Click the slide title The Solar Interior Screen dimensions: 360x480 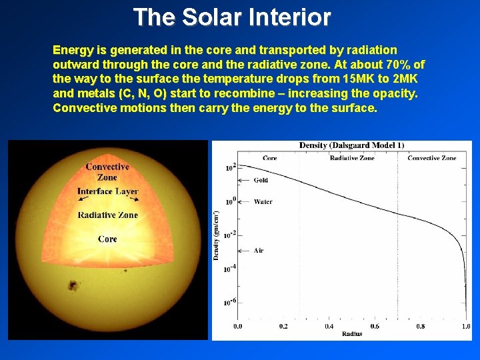tap(231, 17)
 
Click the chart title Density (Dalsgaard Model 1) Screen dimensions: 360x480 tap(351, 145)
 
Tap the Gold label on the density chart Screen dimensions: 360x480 tap(261, 180)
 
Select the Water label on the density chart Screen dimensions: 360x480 tap(263, 201)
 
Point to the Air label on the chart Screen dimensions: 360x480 tap(259, 251)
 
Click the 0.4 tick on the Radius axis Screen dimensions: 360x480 tap(329, 326)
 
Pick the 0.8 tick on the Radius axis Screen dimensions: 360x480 tap(420, 326)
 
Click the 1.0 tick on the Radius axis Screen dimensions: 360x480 tap(465, 326)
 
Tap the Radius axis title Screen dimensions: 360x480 tap(351, 333)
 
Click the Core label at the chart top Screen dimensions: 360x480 tap(270, 158)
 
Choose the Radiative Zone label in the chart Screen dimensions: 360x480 tap(352, 158)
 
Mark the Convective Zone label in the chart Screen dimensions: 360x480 tap(431, 158)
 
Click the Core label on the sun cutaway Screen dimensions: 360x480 tap(107, 239)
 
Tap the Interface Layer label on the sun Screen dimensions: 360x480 tap(107, 191)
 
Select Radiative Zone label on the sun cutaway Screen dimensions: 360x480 tap(107, 215)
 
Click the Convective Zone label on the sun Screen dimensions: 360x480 tap(107, 172)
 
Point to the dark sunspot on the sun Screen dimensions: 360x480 tap(70, 286)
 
